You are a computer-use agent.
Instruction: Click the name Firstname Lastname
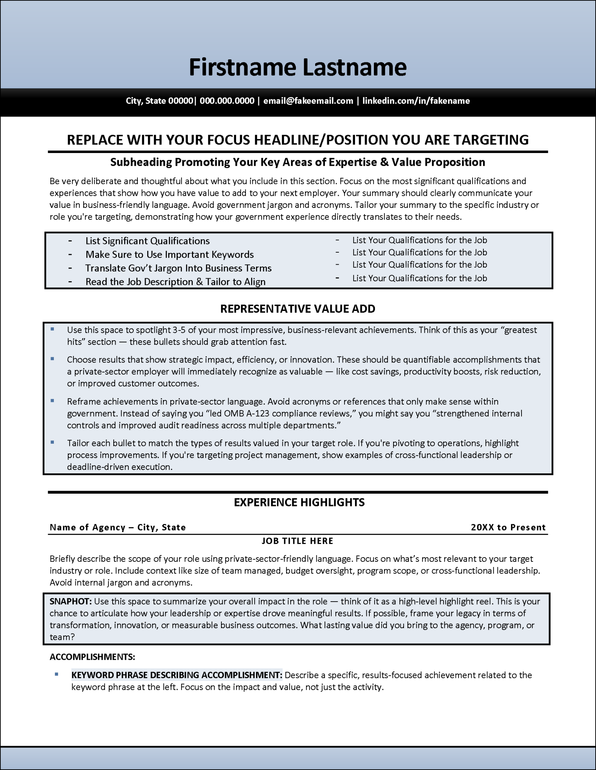click(297, 67)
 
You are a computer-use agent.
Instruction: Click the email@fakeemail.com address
click(308, 101)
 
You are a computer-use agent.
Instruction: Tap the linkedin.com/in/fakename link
click(416, 101)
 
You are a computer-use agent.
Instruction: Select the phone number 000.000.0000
click(227, 101)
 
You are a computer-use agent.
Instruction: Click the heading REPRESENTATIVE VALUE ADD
click(297, 309)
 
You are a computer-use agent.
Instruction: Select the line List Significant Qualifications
click(147, 241)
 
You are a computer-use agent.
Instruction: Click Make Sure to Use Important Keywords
click(169, 255)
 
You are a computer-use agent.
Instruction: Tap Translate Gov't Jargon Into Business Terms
click(178, 268)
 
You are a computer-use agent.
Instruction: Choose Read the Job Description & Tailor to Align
click(175, 282)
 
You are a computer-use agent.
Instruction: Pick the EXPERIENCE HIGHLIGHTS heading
click(299, 502)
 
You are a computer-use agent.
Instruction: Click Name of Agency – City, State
click(117, 527)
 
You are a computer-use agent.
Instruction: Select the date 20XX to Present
click(508, 527)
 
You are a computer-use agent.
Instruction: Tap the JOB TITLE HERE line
click(297, 541)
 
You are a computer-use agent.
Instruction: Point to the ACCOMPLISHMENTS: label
click(92, 657)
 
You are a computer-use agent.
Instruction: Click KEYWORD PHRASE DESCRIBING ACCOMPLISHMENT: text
click(177, 675)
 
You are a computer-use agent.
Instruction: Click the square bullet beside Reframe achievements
click(52, 401)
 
